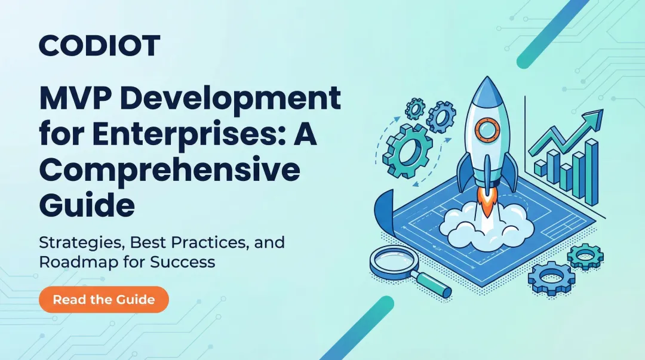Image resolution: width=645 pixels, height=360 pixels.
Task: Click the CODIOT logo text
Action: pyautogui.click(x=100, y=45)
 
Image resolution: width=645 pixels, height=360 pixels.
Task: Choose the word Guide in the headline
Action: pyautogui.click(x=87, y=206)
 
